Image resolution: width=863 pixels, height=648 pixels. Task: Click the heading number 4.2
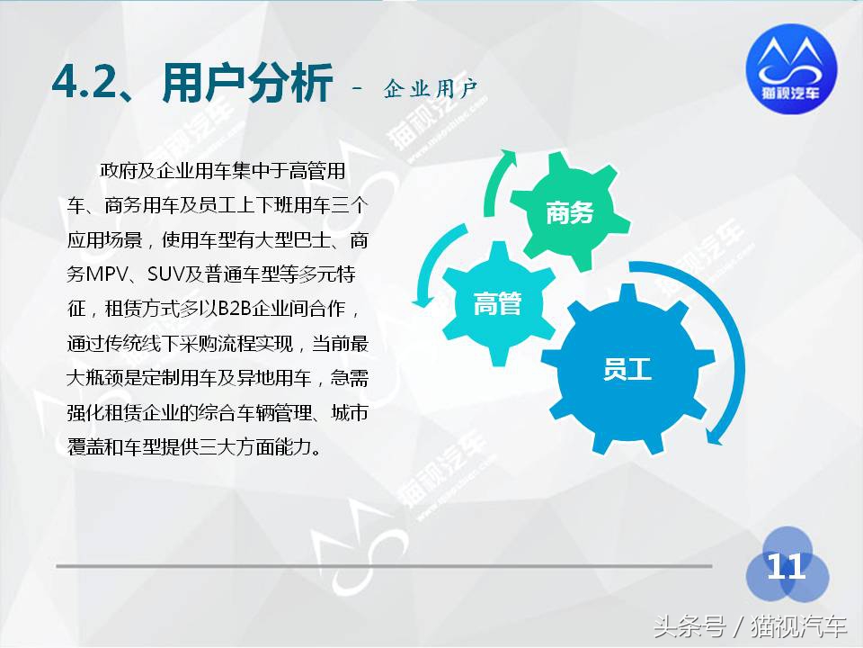coord(88,85)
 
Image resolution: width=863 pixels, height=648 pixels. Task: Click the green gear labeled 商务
coord(570,212)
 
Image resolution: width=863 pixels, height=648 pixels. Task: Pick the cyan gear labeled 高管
coord(497,304)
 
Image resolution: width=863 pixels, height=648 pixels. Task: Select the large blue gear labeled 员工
coord(627,369)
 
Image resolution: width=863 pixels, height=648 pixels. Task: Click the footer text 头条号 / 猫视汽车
coord(750,625)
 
